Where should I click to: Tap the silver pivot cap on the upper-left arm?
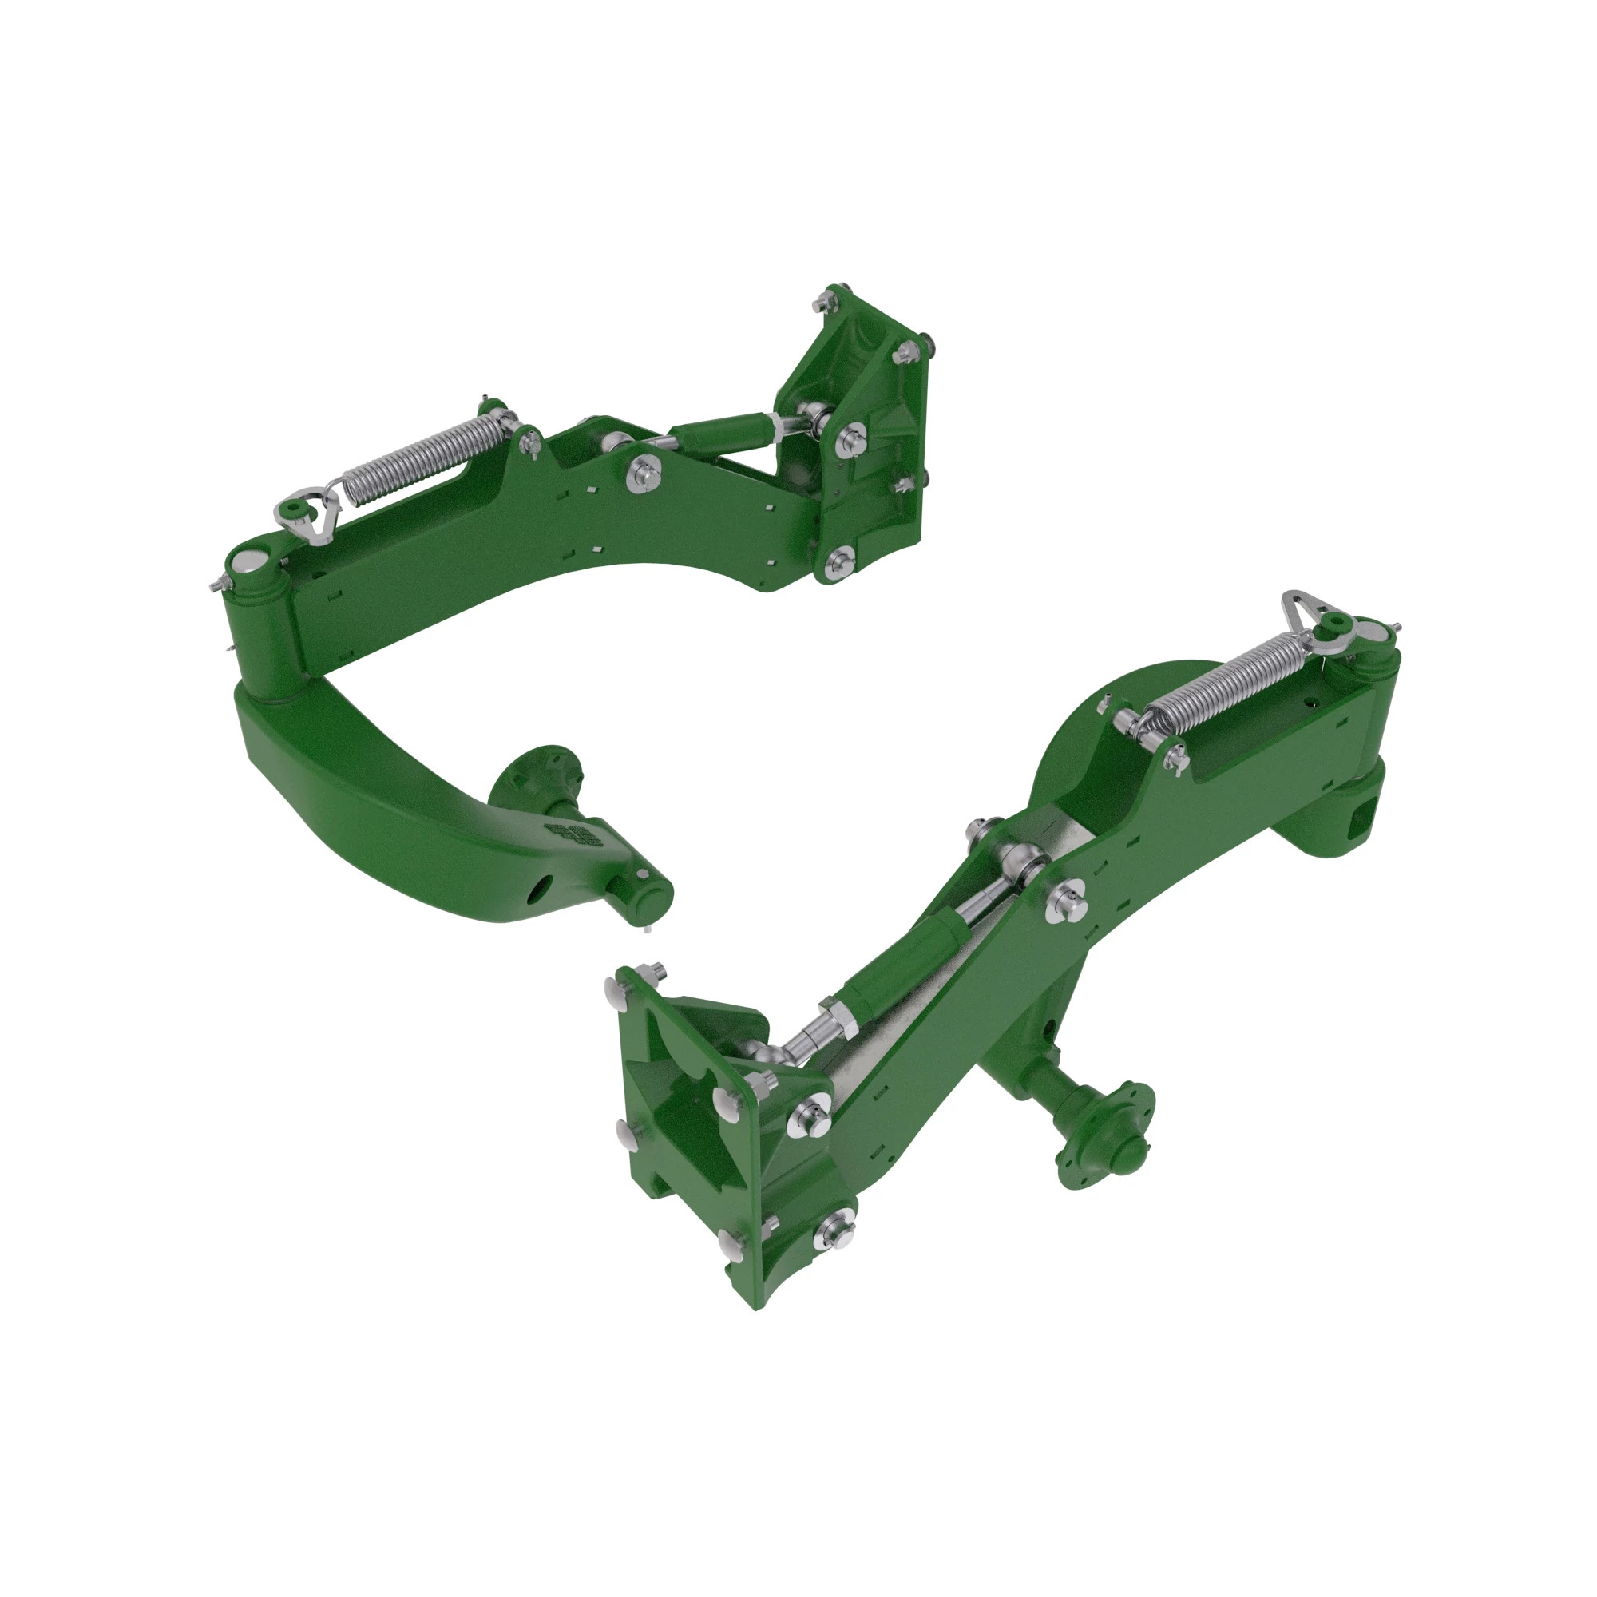coord(248,562)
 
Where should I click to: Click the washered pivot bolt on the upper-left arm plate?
coord(645,474)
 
